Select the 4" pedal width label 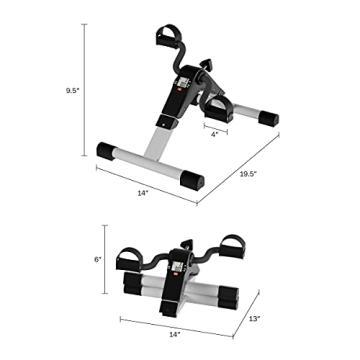pyautogui.click(x=214, y=135)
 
